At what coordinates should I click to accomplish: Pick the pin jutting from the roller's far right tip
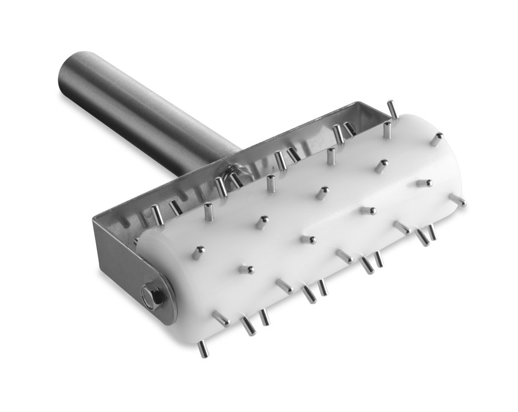(x=458, y=200)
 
